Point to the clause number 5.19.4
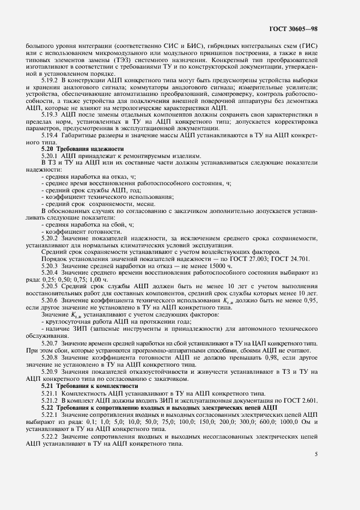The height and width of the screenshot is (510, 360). pyautogui.click(x=50, y=140)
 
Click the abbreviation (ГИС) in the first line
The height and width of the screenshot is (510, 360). pyautogui.click(x=308, y=45)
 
